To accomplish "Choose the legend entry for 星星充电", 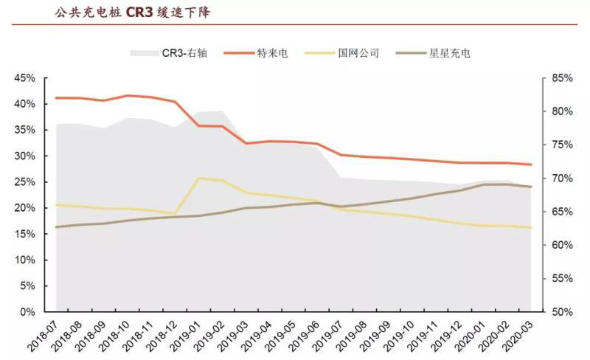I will tap(438, 53).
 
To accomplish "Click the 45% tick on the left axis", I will tap(24, 78).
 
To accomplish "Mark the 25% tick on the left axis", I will tap(24, 182).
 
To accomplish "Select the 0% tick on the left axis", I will tap(27, 312).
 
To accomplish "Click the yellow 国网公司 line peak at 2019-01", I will tap(198, 178).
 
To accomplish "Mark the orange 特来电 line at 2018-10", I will tap(128, 95).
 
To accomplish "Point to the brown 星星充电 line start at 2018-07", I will tap(57, 226).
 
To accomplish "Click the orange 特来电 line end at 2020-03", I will tap(531, 165).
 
